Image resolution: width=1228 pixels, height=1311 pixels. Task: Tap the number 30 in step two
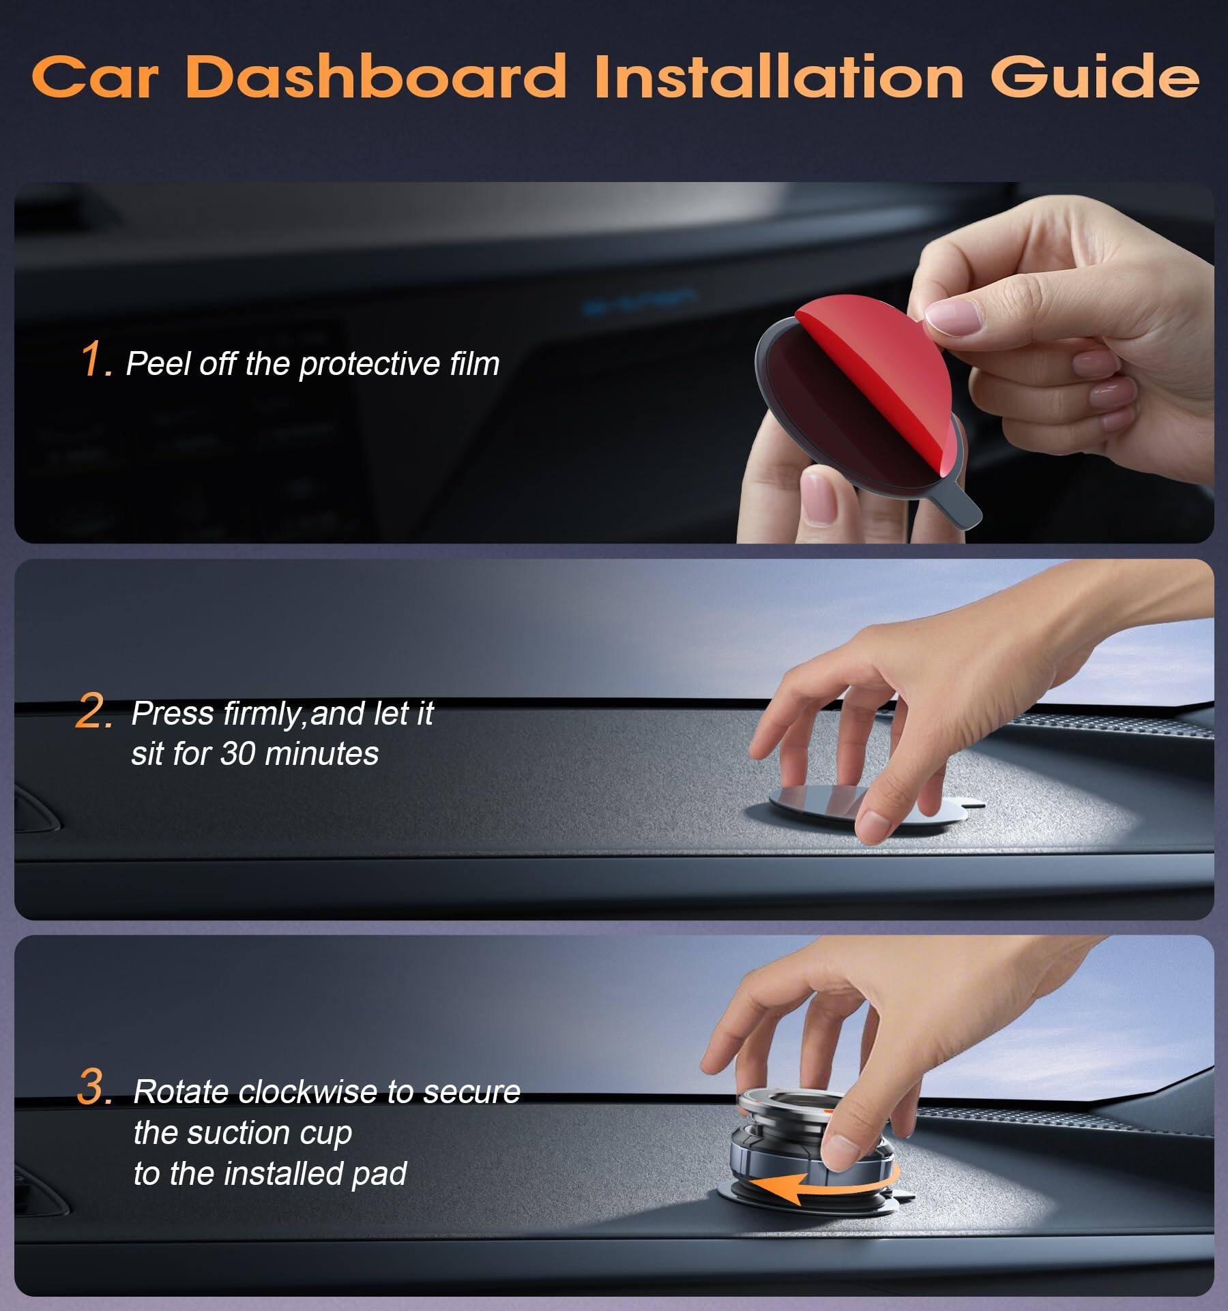click(238, 753)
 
